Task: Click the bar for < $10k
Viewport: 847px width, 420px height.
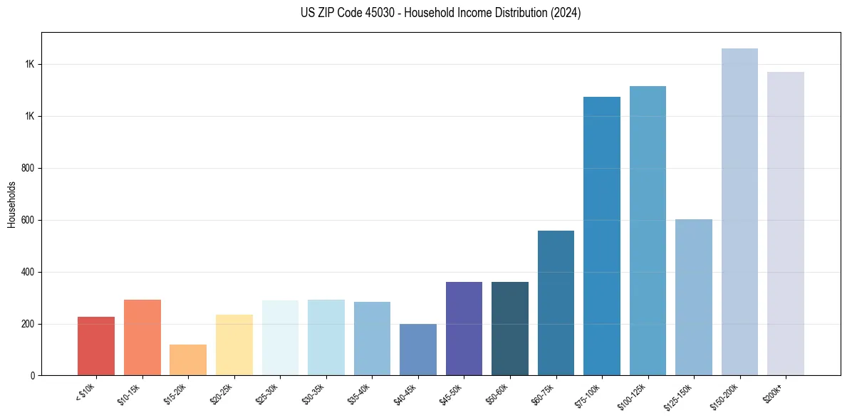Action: tap(96, 346)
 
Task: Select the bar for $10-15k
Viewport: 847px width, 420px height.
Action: tap(142, 337)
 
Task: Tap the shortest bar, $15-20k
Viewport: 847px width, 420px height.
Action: tap(188, 360)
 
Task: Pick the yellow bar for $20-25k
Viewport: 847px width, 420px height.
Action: tap(234, 345)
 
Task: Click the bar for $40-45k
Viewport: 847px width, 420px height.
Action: tap(418, 350)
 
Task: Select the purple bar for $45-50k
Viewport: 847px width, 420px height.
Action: tap(464, 329)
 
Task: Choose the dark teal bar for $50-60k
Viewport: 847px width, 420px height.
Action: tap(510, 329)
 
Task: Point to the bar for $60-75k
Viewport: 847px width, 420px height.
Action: tap(556, 303)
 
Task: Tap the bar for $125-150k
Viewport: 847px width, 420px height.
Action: tap(694, 298)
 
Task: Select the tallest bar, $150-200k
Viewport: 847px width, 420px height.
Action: tap(739, 212)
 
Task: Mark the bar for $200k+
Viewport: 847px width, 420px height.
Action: tap(786, 224)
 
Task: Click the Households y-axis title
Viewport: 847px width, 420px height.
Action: tap(12, 204)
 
